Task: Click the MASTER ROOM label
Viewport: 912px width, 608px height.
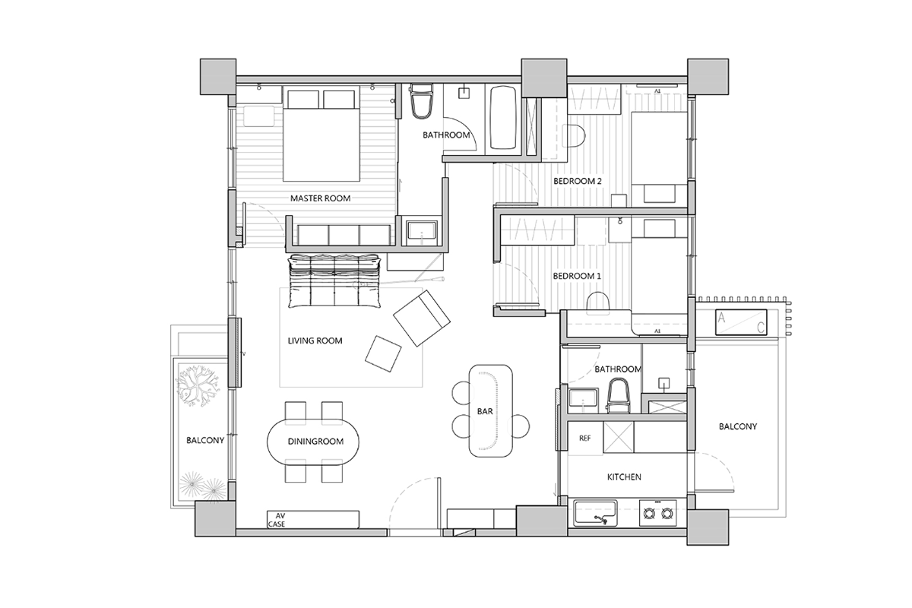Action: [x=320, y=198]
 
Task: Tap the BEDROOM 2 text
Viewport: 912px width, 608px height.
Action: [x=578, y=181]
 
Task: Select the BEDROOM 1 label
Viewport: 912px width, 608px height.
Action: [x=577, y=276]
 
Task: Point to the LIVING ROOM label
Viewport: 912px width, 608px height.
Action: [x=315, y=340]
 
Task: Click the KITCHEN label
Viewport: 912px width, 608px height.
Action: [x=624, y=477]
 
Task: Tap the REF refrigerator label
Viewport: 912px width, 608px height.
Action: [x=584, y=439]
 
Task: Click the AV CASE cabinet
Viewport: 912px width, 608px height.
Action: [x=312, y=520]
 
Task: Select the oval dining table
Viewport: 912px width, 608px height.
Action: [x=312, y=442]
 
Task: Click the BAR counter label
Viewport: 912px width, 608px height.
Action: [x=485, y=411]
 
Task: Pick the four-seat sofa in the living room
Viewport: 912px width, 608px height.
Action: [x=334, y=281]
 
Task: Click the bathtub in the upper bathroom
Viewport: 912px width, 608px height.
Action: [x=503, y=118]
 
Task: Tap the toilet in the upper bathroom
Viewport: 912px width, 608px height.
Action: [x=421, y=101]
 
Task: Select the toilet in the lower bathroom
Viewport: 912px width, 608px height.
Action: [x=618, y=395]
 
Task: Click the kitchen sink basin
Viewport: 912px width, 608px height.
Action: [x=595, y=513]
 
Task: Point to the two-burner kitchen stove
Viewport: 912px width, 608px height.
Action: [x=657, y=513]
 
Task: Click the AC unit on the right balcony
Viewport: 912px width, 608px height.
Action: [x=741, y=322]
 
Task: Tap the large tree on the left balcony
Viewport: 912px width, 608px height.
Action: [x=197, y=385]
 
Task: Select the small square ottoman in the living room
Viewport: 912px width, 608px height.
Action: [x=383, y=353]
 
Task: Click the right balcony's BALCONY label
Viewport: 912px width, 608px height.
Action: [x=738, y=426]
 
